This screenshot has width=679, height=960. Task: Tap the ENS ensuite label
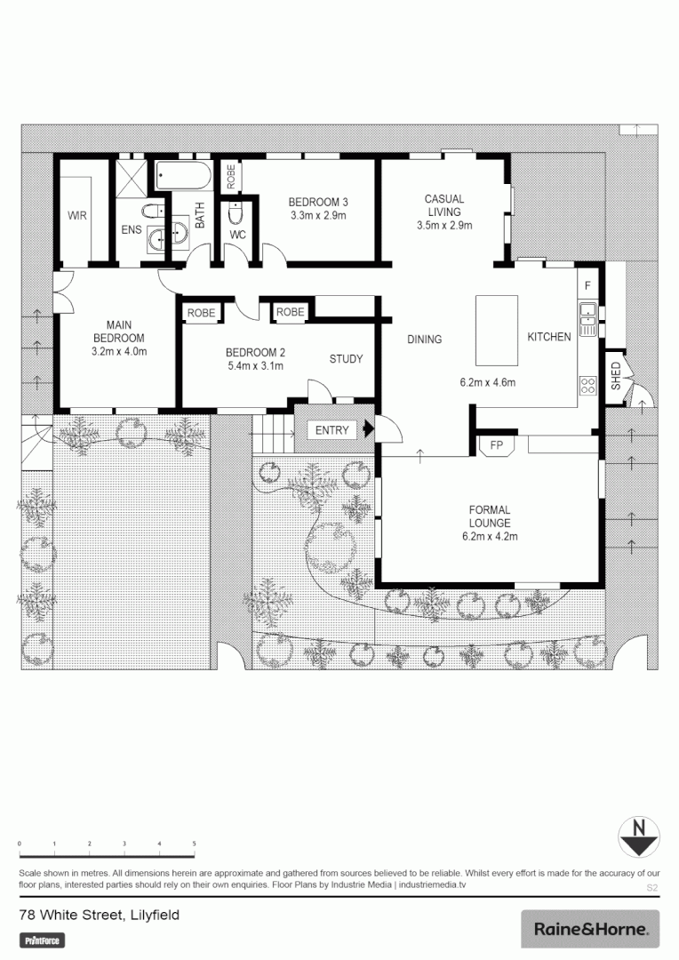[131, 230]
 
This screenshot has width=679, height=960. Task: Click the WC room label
[237, 235]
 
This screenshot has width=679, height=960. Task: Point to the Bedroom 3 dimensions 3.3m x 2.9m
[317, 215]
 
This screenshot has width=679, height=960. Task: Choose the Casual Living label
[443, 205]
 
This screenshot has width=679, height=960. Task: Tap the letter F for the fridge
[587, 285]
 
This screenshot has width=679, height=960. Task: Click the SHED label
[615, 376]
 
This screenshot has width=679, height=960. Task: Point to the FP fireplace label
[495, 444]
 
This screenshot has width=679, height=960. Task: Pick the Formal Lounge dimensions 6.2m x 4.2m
[490, 536]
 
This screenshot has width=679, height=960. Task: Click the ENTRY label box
[332, 430]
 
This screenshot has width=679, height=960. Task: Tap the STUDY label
[346, 359]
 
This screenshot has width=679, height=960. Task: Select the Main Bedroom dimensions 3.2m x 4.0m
[119, 351]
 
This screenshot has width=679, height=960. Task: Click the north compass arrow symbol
[637, 836]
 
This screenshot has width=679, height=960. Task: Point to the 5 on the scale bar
[194, 844]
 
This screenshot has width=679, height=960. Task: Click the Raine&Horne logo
[590, 929]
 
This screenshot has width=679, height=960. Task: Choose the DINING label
[424, 340]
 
